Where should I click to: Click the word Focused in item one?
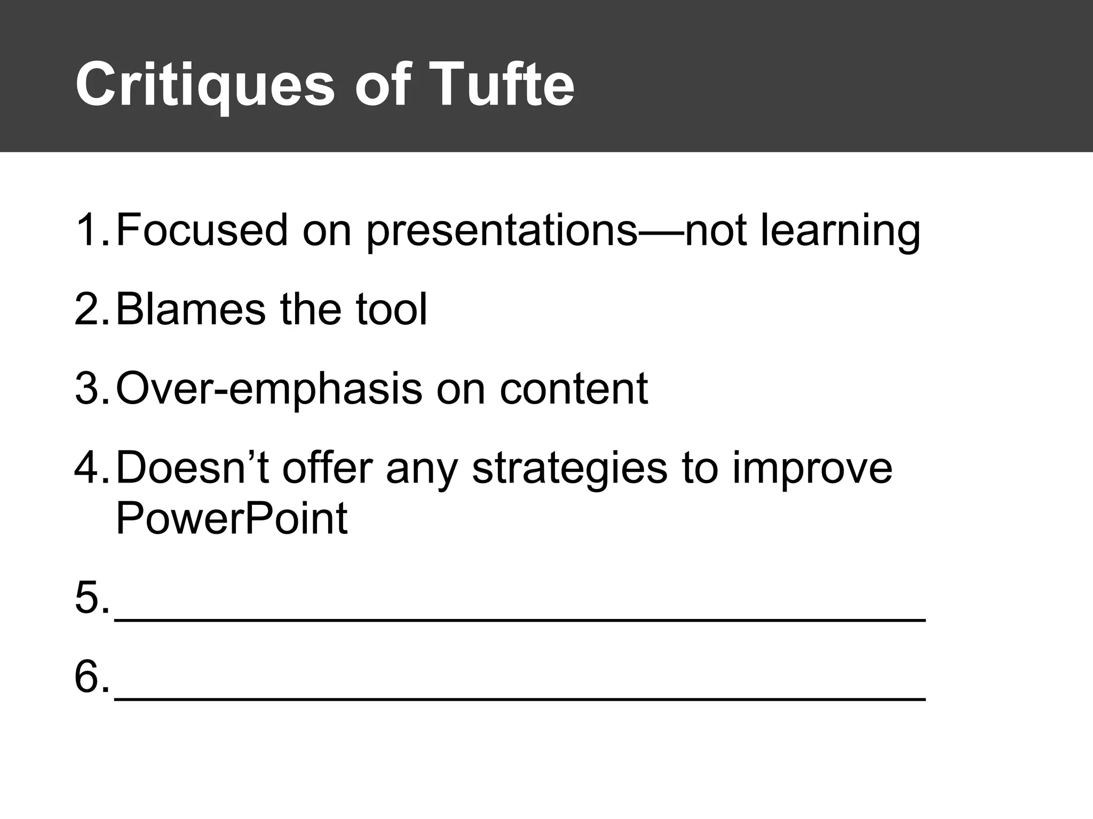click(x=202, y=230)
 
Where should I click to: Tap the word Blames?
click(x=190, y=309)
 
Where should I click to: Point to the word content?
click(x=573, y=388)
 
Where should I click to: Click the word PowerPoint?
click(x=231, y=518)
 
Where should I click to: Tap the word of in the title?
click(x=383, y=84)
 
